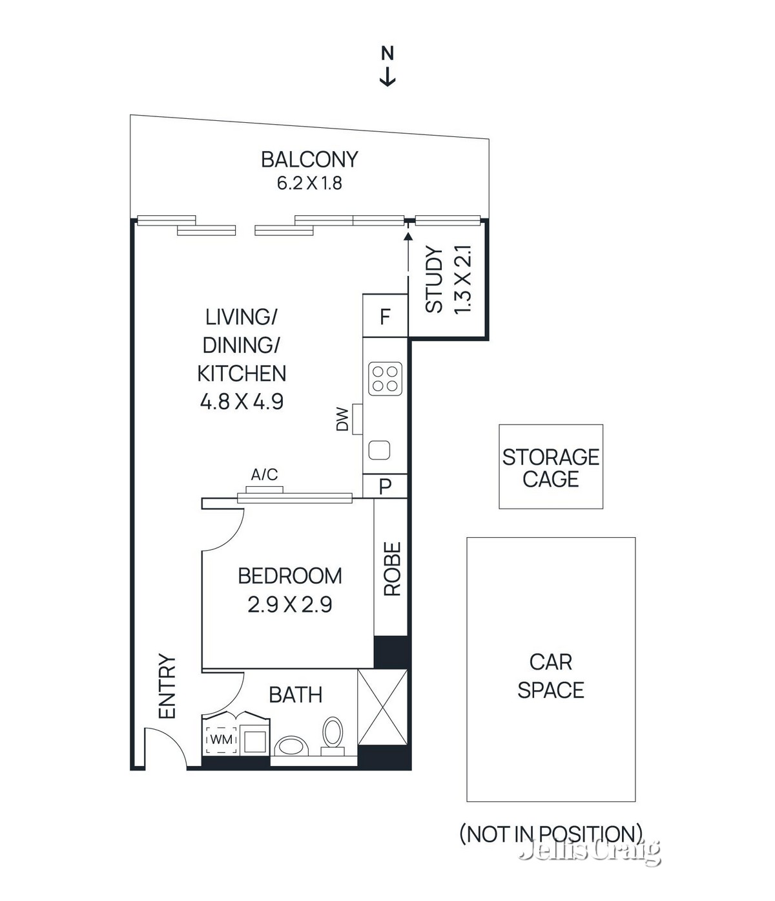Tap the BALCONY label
[x=309, y=159]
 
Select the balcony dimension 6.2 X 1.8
[x=309, y=184]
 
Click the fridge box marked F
[x=385, y=317]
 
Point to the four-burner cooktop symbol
[x=385, y=379]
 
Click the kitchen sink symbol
[x=379, y=450]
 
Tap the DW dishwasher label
[x=342, y=419]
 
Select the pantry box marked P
[x=385, y=486]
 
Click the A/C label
[x=264, y=475]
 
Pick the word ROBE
[x=392, y=569]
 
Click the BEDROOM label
[x=290, y=576]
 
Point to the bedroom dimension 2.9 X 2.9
[x=290, y=605]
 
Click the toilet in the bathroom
[x=333, y=734]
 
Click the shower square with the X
[x=382, y=708]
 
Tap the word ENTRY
[x=167, y=686]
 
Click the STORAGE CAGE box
[x=551, y=467]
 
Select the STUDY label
[x=434, y=280]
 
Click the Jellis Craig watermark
[x=590, y=851]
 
